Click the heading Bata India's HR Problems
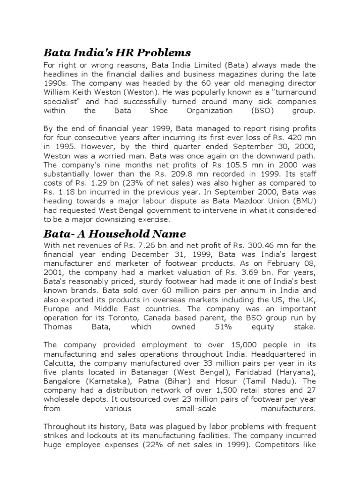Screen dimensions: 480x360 click(117, 52)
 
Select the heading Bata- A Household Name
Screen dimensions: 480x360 click(115, 233)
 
